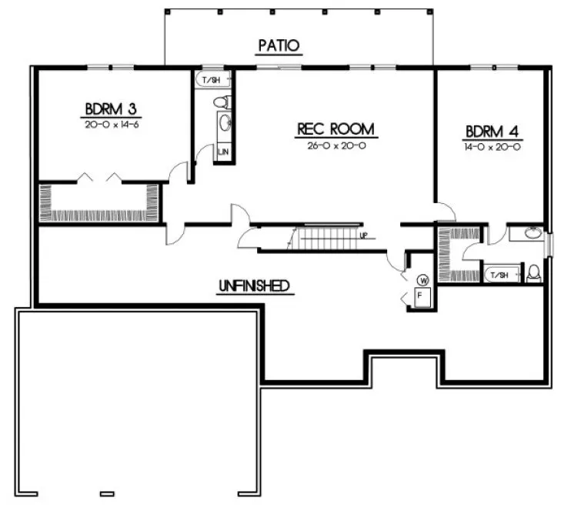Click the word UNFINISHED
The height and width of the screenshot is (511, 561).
pyautogui.click(x=253, y=286)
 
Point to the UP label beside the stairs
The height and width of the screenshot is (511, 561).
pyautogui.click(x=362, y=235)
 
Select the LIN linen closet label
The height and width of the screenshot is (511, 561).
pyautogui.click(x=223, y=152)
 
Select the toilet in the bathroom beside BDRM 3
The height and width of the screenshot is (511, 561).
pyautogui.click(x=222, y=100)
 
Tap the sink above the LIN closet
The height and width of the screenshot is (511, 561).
pyautogui.click(x=223, y=123)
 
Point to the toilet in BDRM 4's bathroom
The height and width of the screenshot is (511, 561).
pyautogui.click(x=533, y=273)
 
